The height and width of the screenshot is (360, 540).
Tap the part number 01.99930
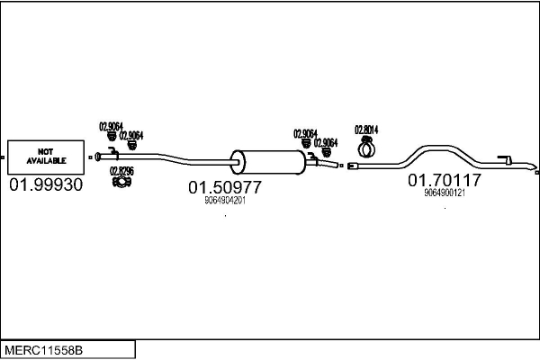[x=46, y=184]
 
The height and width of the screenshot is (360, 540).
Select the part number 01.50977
[x=224, y=187]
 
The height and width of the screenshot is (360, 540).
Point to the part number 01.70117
[x=445, y=180]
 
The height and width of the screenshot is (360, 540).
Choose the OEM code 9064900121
[x=445, y=193]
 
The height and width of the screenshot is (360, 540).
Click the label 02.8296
[x=121, y=171]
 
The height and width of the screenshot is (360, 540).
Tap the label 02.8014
[x=366, y=128]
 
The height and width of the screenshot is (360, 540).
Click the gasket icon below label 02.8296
[x=121, y=184]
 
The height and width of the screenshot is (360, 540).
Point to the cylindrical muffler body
[x=267, y=162]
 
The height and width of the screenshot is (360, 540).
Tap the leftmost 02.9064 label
[x=111, y=127]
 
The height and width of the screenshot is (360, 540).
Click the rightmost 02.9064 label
[x=325, y=142]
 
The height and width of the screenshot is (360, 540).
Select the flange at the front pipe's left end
[x=94, y=157]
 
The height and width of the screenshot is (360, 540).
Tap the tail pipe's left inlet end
[x=352, y=166]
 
